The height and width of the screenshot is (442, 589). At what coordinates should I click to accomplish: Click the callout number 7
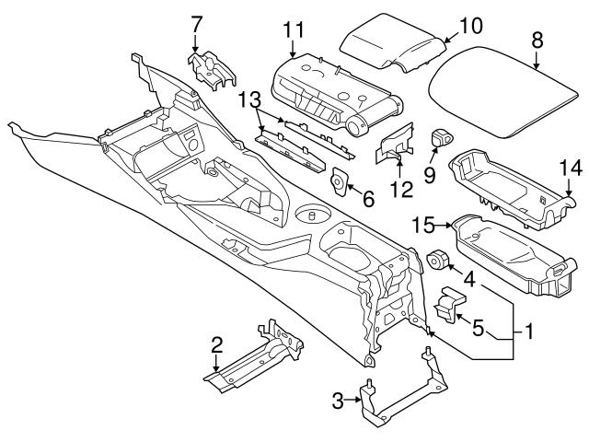pyautogui.click(x=195, y=20)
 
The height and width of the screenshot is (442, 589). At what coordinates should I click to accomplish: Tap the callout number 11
pyautogui.click(x=294, y=29)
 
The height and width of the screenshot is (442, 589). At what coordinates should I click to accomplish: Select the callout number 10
pyautogui.click(x=469, y=26)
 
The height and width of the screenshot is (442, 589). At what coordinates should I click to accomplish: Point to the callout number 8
pyautogui.click(x=537, y=40)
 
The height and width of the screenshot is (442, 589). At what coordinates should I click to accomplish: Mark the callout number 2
pyautogui.click(x=217, y=344)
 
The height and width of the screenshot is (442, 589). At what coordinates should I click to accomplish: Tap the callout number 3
pyautogui.click(x=338, y=401)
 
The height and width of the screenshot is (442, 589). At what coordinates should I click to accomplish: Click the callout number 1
pyautogui.click(x=527, y=330)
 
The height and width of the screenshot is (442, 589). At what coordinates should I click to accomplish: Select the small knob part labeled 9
pyautogui.click(x=442, y=139)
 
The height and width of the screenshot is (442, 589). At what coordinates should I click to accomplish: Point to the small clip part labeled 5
pyautogui.click(x=448, y=308)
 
